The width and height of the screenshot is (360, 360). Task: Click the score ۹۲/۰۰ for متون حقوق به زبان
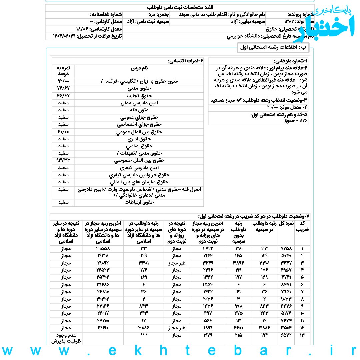click(63, 81)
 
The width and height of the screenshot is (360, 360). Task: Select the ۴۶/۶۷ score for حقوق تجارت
click(63, 96)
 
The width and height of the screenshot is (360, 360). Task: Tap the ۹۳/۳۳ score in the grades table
click(63, 160)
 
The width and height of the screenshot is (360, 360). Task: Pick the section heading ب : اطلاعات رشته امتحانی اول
click(273, 47)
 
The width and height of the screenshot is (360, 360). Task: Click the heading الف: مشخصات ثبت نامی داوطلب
click(180, 7)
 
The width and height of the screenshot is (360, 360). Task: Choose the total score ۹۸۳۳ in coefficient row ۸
click(286, 299)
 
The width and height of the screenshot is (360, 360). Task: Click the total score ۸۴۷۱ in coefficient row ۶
click(286, 285)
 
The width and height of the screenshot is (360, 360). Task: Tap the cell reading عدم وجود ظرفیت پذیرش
click(66, 338)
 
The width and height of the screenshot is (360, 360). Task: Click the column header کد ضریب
click(302, 226)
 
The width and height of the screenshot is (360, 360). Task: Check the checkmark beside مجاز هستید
click(238, 100)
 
